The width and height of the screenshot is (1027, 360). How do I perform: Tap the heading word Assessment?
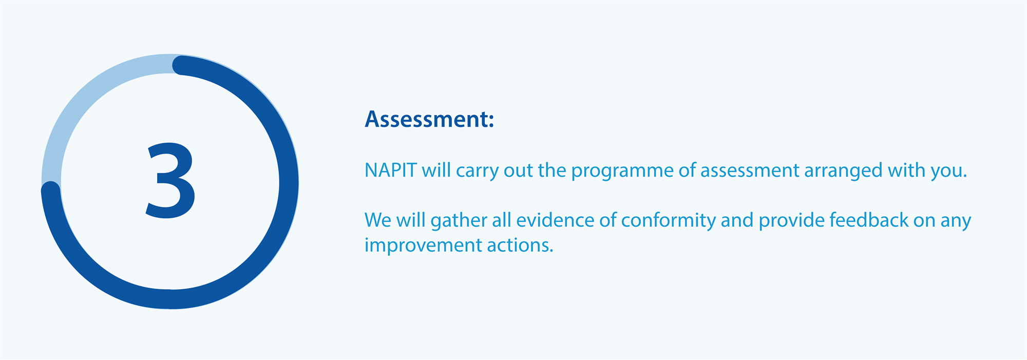(x=429, y=119)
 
